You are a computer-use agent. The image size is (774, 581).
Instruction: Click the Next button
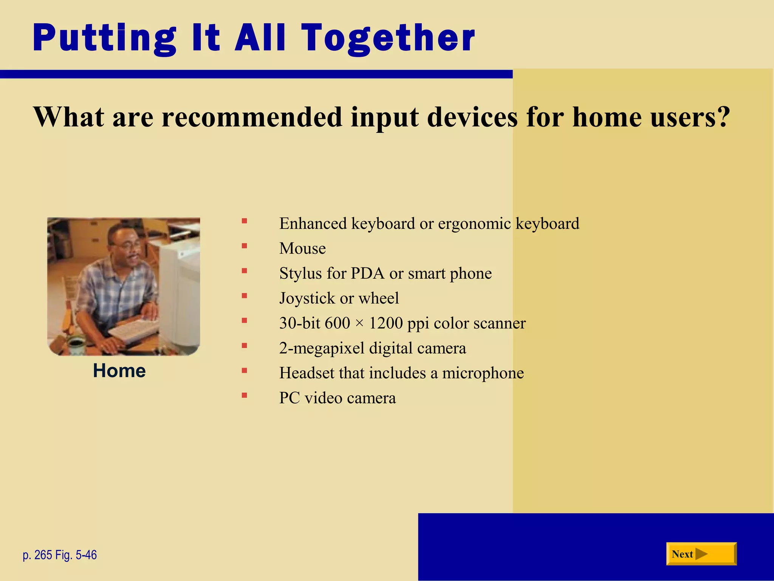[x=701, y=554]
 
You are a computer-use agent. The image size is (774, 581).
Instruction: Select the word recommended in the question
[x=252, y=117]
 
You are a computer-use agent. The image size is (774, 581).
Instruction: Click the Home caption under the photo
[x=119, y=371]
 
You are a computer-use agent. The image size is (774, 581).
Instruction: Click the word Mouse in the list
[x=302, y=249]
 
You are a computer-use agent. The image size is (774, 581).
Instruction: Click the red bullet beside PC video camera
[x=245, y=396]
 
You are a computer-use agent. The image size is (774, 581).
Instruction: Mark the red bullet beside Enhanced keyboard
[x=245, y=221]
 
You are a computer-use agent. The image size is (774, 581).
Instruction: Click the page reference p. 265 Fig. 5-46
[x=60, y=555]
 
